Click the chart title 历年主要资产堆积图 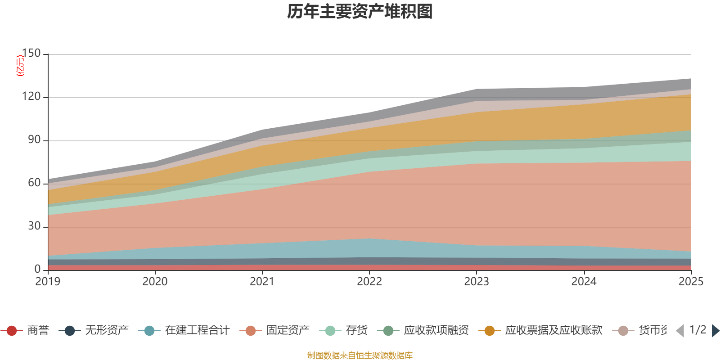click(360, 12)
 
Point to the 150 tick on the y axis click(31, 54)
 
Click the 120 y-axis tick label click(31, 97)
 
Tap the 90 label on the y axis click(34, 140)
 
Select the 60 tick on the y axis click(34, 183)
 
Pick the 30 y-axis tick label click(34, 226)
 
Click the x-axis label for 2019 click(48, 282)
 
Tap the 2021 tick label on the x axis click(262, 282)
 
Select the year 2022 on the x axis click(369, 282)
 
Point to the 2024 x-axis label click(584, 282)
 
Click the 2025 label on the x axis click(690, 282)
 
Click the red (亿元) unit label click(20, 66)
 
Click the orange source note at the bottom click(360, 355)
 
